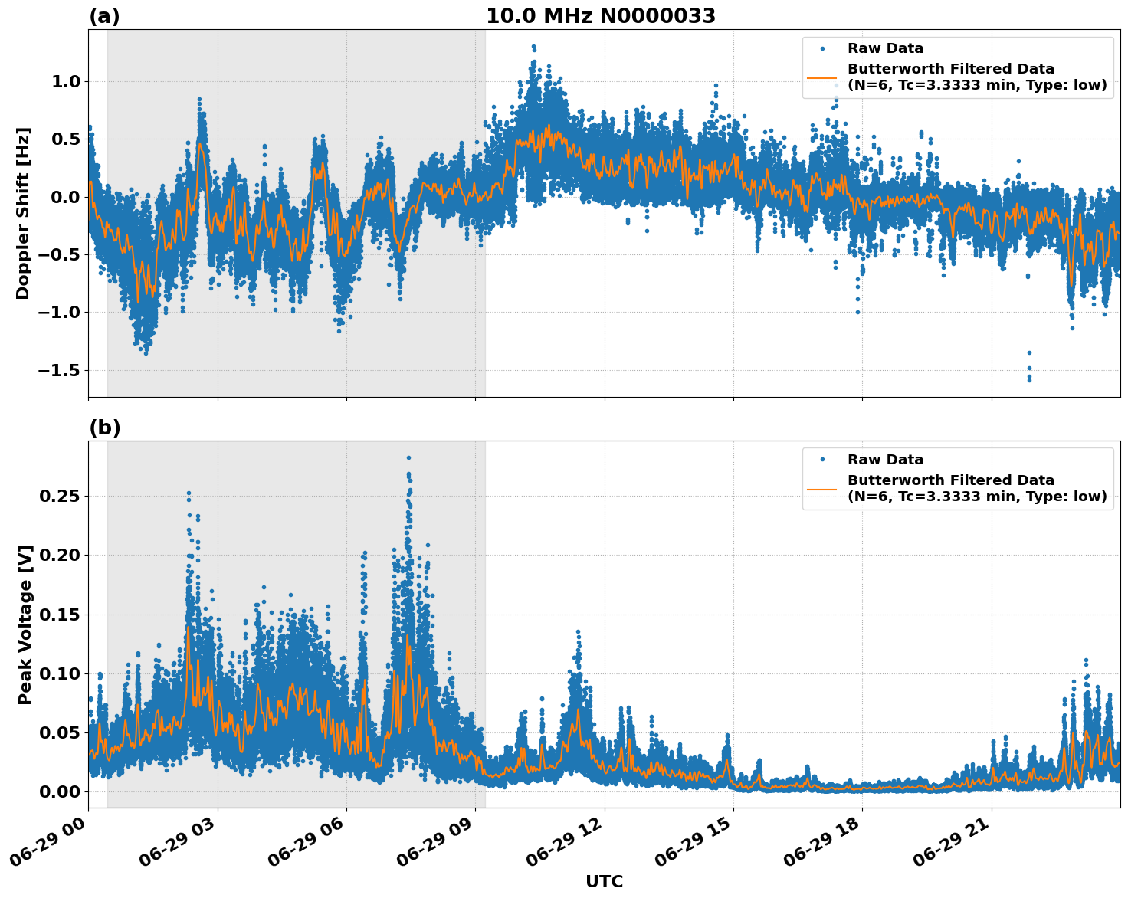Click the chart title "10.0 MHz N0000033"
pyautogui.click(x=600, y=16)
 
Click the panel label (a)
pyautogui.click(x=104, y=16)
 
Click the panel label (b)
pyautogui.click(x=104, y=428)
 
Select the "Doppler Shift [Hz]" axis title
pyautogui.click(x=23, y=213)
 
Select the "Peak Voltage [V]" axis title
pyautogui.click(x=25, y=624)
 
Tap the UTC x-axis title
pyautogui.click(x=604, y=881)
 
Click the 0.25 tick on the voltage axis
pyautogui.click(x=60, y=496)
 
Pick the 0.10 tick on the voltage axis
pyautogui.click(x=60, y=673)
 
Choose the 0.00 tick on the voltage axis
pyautogui.click(x=60, y=791)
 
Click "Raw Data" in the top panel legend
pyautogui.click(x=885, y=48)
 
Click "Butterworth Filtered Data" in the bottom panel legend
pyautogui.click(x=950, y=480)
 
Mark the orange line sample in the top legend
pyautogui.click(x=821, y=77)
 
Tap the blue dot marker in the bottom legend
pyautogui.click(x=821, y=460)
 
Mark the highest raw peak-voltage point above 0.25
pyautogui.click(x=408, y=457)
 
